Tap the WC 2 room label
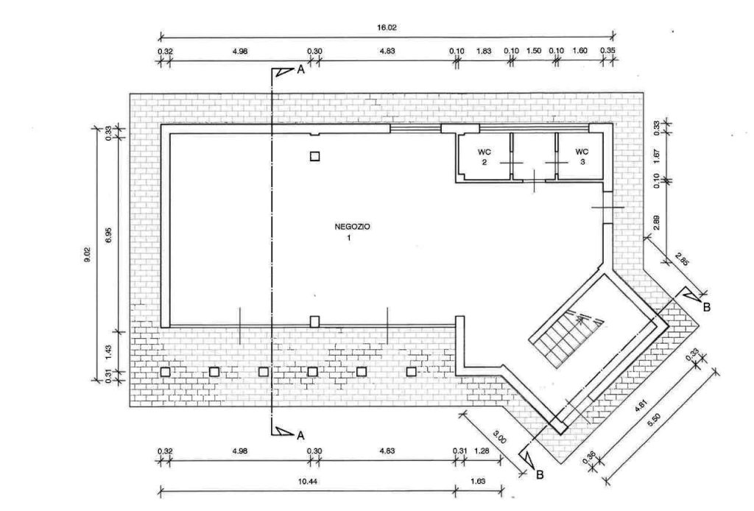[485, 157]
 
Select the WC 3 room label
[582, 157]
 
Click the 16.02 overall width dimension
[387, 28]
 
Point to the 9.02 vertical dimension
[87, 254]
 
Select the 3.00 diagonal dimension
[500, 437]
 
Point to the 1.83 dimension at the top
[484, 51]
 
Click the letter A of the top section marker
[300, 70]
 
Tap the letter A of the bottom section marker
[300, 436]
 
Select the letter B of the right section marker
[706, 307]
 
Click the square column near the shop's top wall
[314, 156]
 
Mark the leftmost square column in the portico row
[165, 372]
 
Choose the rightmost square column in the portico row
[411, 372]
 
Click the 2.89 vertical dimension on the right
[657, 222]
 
